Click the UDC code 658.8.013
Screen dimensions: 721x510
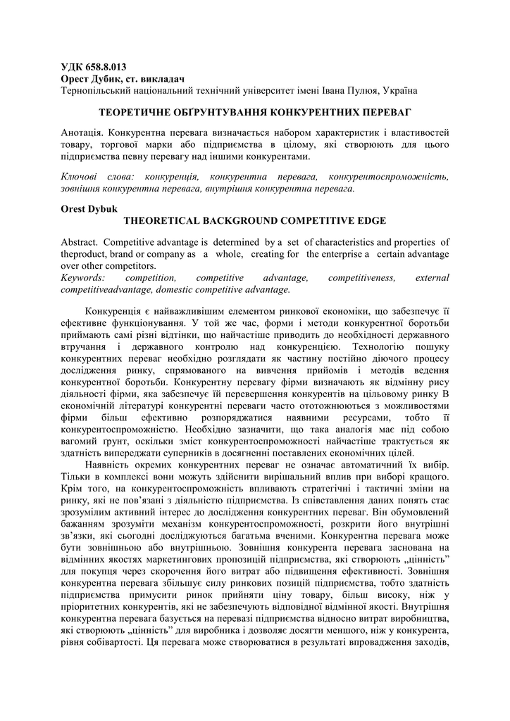tap(105, 68)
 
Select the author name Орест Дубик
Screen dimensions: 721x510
tap(89, 79)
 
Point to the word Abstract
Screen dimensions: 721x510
tap(80, 243)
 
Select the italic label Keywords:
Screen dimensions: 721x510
tap(84, 277)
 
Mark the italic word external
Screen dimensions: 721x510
tap(433, 277)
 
